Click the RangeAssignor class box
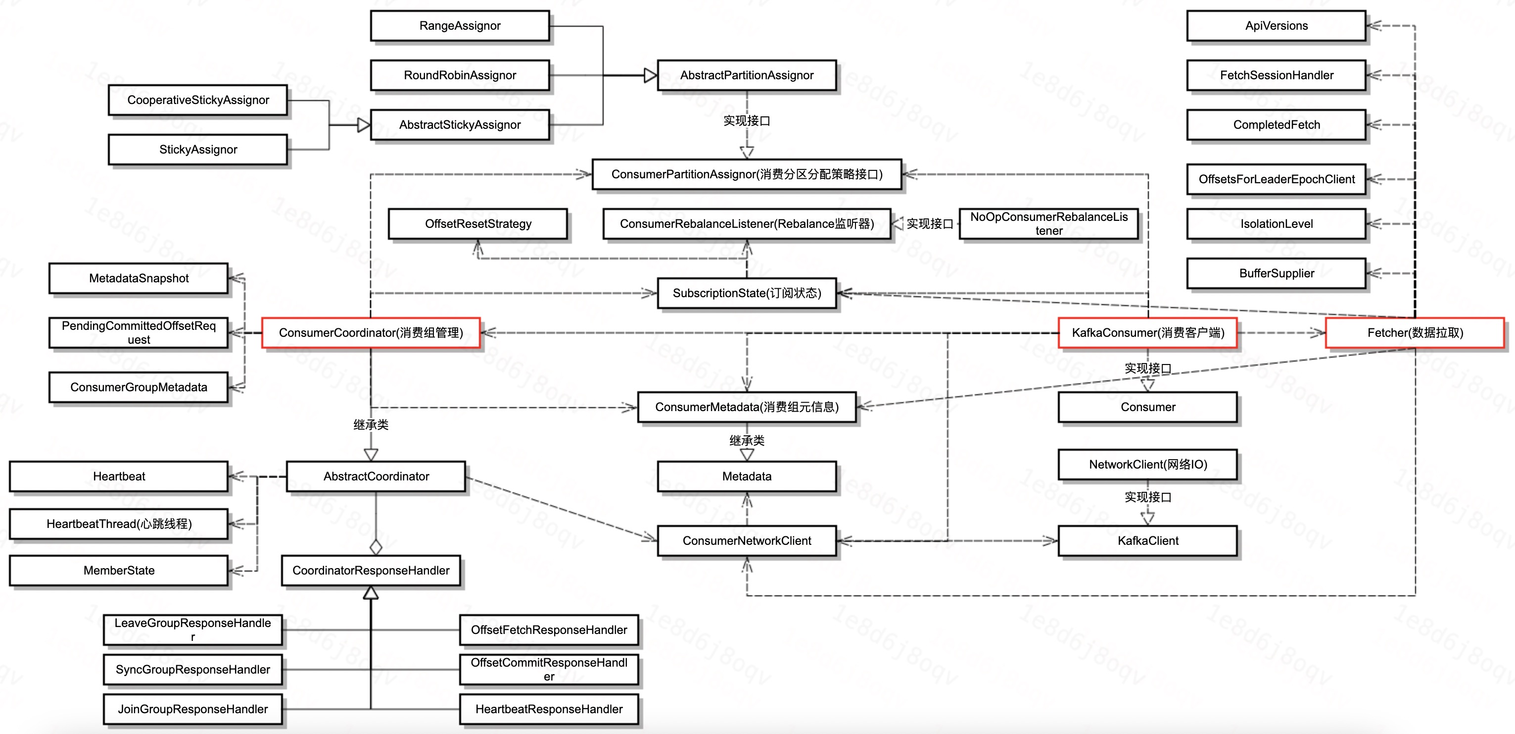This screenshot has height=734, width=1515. click(x=460, y=26)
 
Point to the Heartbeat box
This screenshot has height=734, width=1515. click(x=119, y=476)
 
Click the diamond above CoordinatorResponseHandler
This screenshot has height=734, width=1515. click(x=376, y=547)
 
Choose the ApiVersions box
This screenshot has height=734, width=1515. click(x=1276, y=26)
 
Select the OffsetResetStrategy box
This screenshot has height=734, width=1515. click(x=477, y=224)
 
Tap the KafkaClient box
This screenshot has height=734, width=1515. click(x=1147, y=541)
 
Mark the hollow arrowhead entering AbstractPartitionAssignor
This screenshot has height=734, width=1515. click(x=650, y=75)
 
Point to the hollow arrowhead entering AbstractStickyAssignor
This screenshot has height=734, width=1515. click(x=364, y=125)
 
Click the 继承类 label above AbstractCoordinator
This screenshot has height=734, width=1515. click(x=371, y=424)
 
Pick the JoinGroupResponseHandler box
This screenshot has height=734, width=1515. click(x=192, y=709)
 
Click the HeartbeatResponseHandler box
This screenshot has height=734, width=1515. click(x=549, y=709)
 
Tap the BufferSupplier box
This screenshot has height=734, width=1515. click(x=1276, y=273)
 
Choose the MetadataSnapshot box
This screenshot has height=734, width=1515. click(x=139, y=278)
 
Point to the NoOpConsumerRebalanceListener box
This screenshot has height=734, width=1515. click(x=1048, y=224)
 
